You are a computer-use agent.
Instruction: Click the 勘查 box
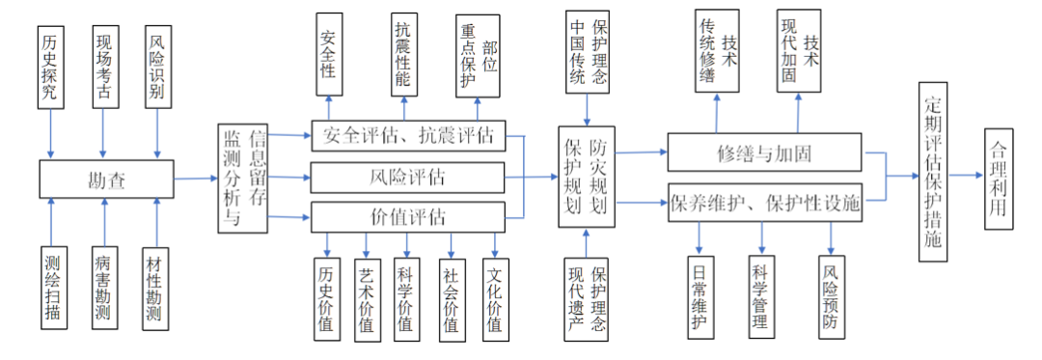pyautogui.click(x=106, y=180)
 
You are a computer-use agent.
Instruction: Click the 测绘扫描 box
pyautogui.click(x=51, y=287)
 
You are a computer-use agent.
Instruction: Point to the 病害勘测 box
pyautogui.click(x=104, y=287)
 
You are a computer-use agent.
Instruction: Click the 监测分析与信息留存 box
pyautogui.click(x=244, y=179)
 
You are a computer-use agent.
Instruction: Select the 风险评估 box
pyautogui.click(x=407, y=178)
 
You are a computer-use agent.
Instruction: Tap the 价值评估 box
pyautogui.click(x=407, y=216)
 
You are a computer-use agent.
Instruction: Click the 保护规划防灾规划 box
pyautogui.click(x=586, y=178)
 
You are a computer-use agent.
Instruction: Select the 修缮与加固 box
pyautogui.click(x=764, y=152)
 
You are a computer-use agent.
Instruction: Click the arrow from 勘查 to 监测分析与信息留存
pyautogui.click(x=196, y=179)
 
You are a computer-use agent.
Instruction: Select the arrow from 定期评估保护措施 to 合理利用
pyautogui.click(x=966, y=176)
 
